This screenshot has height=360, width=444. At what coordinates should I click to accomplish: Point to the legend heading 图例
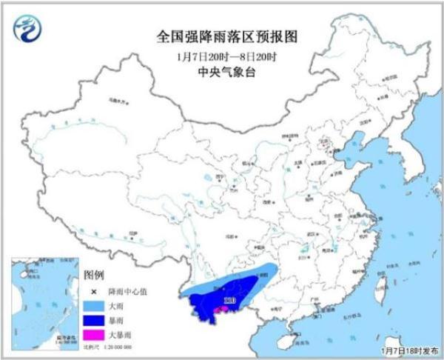pos(93,274)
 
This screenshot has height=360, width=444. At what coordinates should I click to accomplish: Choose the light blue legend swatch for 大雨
pos(92,304)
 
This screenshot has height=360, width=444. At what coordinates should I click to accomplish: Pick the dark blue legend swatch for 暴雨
pos(92,320)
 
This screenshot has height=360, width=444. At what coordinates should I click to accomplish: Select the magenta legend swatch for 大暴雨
pos(92,336)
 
